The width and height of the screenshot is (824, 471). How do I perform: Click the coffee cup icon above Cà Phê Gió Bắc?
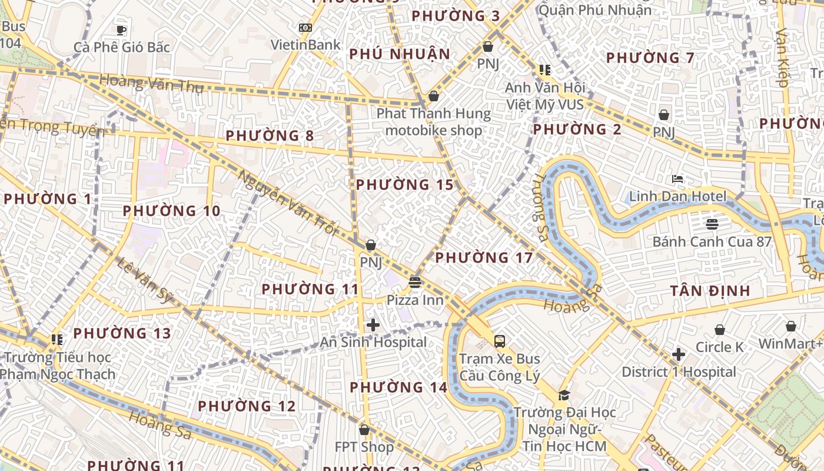[121, 30]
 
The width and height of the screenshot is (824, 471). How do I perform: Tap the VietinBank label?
[305, 45]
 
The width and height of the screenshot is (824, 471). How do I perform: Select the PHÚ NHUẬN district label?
[400, 54]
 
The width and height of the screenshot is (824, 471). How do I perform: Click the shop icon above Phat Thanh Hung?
[434, 96]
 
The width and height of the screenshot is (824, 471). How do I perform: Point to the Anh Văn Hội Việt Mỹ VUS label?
[545, 96]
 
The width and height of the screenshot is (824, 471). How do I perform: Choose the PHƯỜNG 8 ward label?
[270, 136]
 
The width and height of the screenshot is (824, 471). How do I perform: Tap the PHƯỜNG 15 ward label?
[405, 185]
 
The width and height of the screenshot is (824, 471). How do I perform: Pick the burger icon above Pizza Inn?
[415, 283]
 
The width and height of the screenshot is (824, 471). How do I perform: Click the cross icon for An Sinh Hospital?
[373, 324]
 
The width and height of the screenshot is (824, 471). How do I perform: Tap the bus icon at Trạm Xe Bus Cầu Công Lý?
[499, 341]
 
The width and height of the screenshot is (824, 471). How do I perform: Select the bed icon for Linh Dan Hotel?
[677, 179]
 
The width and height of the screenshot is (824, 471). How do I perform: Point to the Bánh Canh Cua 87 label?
[712, 241]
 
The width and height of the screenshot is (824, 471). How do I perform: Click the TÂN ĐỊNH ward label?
[710, 290]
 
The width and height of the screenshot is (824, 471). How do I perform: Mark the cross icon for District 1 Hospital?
[679, 354]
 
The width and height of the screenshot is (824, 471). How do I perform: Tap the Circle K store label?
[719, 347]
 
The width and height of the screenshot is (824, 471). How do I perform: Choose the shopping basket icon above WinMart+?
[791, 326]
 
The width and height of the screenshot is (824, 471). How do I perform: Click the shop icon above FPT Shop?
[364, 430]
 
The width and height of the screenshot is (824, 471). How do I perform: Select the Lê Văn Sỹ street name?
[145, 280]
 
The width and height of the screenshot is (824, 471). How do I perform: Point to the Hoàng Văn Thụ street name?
[151, 84]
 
